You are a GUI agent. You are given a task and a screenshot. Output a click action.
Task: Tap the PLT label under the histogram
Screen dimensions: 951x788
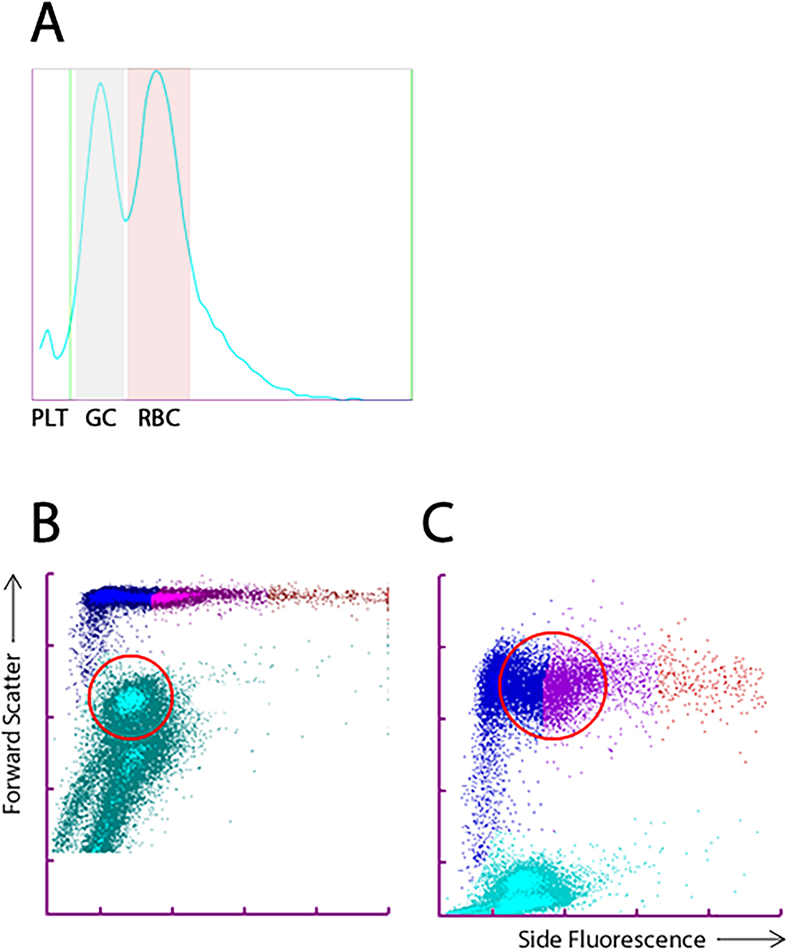(48, 421)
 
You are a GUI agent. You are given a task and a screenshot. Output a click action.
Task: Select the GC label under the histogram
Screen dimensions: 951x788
(101, 421)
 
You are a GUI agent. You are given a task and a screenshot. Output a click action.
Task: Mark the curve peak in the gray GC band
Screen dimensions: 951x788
(100, 83)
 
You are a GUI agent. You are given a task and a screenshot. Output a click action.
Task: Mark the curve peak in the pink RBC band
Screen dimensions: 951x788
(157, 71)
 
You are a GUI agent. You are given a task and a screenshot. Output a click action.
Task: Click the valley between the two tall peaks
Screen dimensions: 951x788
(126, 220)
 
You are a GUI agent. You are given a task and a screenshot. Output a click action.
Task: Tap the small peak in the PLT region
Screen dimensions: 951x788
(48, 331)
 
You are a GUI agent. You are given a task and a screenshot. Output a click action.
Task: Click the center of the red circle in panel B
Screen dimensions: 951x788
(131, 697)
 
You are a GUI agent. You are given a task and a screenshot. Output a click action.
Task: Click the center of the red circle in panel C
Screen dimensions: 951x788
(553, 685)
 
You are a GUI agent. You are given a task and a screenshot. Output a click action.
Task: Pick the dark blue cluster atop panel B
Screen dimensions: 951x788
(118, 598)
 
